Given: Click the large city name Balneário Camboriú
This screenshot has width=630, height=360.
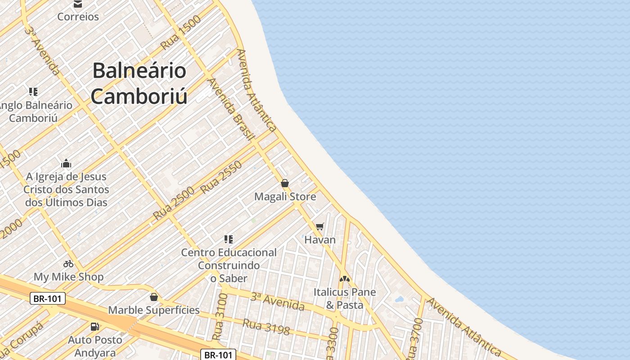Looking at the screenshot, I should point(139,84).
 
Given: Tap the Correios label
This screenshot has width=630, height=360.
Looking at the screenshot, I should point(78,17).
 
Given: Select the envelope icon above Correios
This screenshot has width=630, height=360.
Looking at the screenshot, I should point(78,4).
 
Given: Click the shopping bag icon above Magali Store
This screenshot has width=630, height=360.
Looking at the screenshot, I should point(284,183).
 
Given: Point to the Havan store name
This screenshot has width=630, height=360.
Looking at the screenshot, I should point(320,239).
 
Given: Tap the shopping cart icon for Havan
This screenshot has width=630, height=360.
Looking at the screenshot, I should point(319,226).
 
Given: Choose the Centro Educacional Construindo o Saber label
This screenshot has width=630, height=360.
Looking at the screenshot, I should point(229,265).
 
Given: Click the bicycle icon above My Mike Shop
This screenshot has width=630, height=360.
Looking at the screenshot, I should point(68,264).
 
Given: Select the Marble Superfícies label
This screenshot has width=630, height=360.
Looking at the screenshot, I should point(154,310).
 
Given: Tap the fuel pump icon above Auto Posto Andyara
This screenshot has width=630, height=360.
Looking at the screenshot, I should point(94,327).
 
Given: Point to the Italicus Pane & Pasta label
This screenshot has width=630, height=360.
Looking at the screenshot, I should point(345,298).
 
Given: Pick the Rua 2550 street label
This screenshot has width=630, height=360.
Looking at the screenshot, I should point(221,177).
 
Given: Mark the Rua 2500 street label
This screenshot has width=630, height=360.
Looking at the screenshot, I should point(174,203).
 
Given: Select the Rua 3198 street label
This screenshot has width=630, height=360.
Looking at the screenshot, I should point(266,327).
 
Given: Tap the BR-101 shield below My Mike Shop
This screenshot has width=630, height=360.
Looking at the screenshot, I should point(48,298).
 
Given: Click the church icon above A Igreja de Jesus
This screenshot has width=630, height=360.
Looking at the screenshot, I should point(66,163).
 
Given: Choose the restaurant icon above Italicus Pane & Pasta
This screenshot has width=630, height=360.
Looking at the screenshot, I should point(345,279).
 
